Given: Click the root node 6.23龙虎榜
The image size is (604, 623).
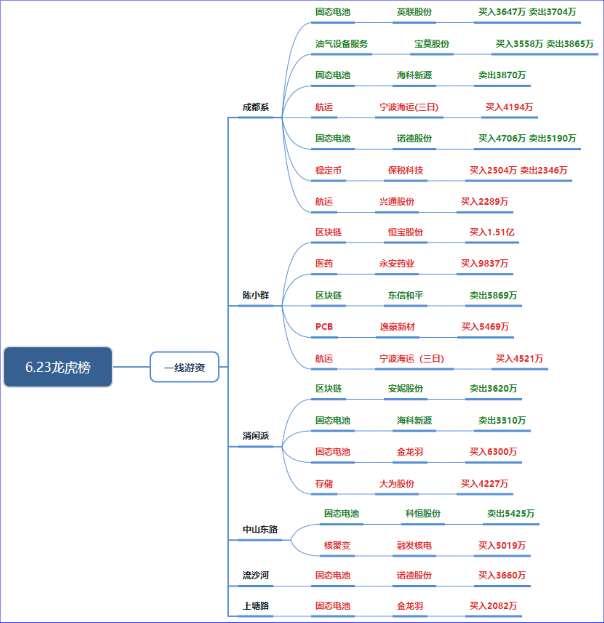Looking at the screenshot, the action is [58, 367].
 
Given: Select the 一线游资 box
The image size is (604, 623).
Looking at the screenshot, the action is [185, 367].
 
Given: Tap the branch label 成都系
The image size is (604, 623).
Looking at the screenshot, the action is [256, 107].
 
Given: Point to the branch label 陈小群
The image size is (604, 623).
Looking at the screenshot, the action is [256, 295].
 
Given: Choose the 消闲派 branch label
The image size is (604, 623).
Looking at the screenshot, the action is [256, 436].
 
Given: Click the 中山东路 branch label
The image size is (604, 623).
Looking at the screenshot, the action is [260, 530].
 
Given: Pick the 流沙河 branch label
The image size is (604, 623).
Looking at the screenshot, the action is [256, 575].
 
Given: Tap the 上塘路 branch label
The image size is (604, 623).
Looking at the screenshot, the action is [256, 606].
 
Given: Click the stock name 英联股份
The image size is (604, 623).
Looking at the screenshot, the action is [414, 12].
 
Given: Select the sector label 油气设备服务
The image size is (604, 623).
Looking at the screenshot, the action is [341, 44].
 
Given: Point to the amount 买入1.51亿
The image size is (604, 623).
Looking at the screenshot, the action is [492, 232].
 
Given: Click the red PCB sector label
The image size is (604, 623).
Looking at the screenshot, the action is [324, 327].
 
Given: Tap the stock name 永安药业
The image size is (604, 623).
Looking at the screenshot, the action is [397, 263].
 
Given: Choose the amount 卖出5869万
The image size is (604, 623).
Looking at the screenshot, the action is [493, 295].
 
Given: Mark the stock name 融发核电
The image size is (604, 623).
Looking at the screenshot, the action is [414, 545].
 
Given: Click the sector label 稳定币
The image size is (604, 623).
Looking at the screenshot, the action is [328, 170].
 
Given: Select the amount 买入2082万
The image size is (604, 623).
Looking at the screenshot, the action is [493, 606].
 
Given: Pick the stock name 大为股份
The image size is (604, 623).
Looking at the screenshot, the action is [397, 484].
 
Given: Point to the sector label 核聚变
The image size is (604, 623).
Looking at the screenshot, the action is [337, 545].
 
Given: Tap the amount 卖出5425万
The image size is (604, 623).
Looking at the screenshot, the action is [511, 514].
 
